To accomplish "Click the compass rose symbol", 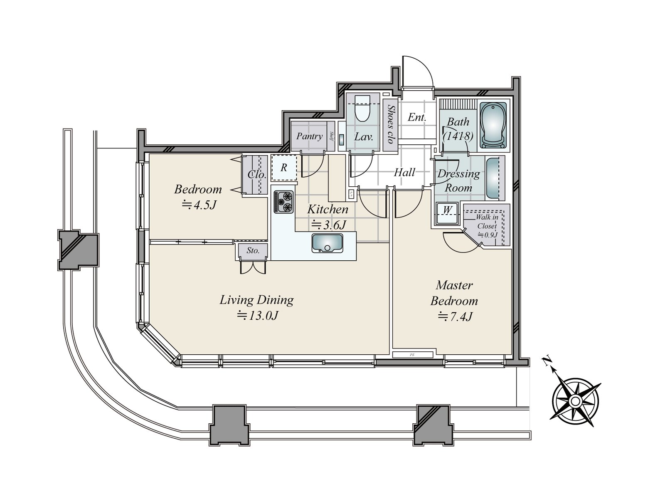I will [x=575, y=401].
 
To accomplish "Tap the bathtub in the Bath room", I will [x=493, y=125].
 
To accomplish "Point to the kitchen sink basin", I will [x=328, y=243].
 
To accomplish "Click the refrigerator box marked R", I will [x=284, y=168].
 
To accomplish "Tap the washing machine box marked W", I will [x=447, y=210].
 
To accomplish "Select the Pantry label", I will [x=309, y=136].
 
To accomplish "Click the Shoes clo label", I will [x=390, y=124].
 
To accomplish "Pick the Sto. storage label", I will [x=253, y=251].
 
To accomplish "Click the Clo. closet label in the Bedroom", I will [x=256, y=175].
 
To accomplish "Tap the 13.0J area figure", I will [x=257, y=316].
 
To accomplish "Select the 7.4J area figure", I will [x=455, y=317].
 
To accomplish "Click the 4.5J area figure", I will [x=198, y=205].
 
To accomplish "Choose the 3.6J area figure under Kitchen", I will [x=328, y=225].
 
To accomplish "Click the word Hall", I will [x=404, y=172].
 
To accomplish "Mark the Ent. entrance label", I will [x=416, y=117].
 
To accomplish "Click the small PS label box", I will [x=412, y=355].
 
